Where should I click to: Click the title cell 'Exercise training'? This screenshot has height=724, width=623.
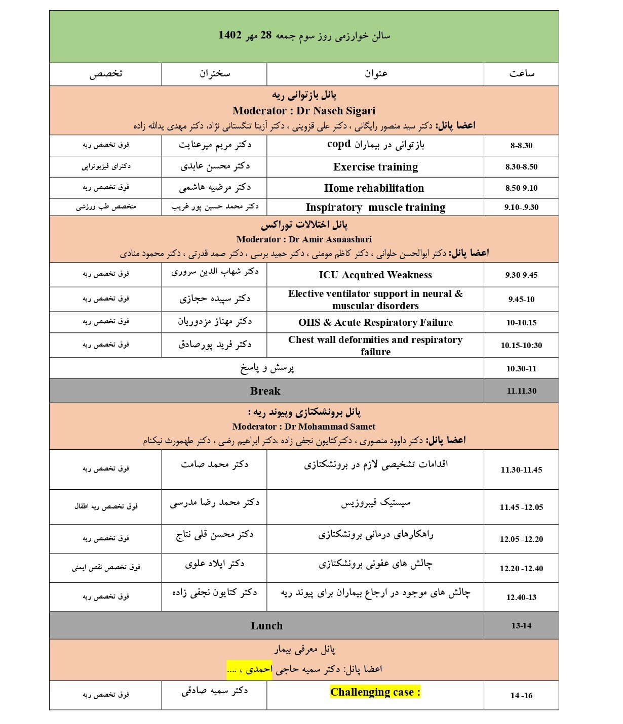tap(375, 167)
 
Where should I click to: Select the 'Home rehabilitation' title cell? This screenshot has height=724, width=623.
tap(374, 188)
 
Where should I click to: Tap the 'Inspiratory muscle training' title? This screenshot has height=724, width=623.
tap(375, 207)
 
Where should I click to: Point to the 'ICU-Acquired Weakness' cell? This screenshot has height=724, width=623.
tap(375, 275)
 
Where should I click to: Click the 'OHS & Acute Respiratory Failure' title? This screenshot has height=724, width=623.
tap(375, 323)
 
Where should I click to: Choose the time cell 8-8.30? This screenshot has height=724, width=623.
tap(521, 146)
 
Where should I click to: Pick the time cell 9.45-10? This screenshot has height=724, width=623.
tap(521, 300)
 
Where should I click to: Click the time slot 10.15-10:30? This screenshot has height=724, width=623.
tap(521, 346)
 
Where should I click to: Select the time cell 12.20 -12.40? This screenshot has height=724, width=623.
tap(521, 569)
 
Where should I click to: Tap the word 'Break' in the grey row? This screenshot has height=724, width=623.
tap(265, 391)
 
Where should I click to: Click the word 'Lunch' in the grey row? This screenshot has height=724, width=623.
tap(266, 626)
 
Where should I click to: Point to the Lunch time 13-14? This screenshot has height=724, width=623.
tap(521, 626)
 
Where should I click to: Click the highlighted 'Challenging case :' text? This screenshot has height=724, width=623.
tap(375, 692)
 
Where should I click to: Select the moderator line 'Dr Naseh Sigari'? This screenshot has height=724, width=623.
tap(304, 111)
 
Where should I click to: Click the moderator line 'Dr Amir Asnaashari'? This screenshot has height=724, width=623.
tap(304, 239)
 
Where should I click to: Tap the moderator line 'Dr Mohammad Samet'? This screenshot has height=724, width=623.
tap(304, 427)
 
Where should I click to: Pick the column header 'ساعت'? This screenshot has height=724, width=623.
tap(521, 74)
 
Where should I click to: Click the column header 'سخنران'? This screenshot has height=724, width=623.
tap(214, 74)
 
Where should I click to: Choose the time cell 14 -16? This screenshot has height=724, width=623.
tap(521, 696)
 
